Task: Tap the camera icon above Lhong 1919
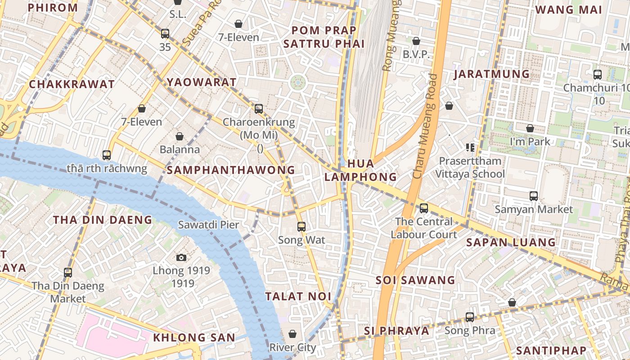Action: (181, 257)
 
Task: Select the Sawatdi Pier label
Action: (208, 224)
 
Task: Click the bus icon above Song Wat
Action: (301, 227)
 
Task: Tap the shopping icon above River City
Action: (292, 334)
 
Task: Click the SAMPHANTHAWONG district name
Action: (231, 170)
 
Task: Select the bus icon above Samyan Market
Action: (534, 196)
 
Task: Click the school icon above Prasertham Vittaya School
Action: (470, 147)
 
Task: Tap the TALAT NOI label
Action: (298, 297)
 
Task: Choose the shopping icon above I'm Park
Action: (530, 128)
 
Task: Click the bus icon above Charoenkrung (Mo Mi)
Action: (259, 108)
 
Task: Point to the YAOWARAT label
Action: (202, 82)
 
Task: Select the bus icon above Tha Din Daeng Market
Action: (68, 272)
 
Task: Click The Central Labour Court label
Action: (423, 228)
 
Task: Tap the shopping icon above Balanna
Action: (180, 136)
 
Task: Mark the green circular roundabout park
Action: (298, 82)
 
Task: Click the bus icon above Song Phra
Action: (470, 317)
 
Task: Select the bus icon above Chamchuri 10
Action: (598, 75)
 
